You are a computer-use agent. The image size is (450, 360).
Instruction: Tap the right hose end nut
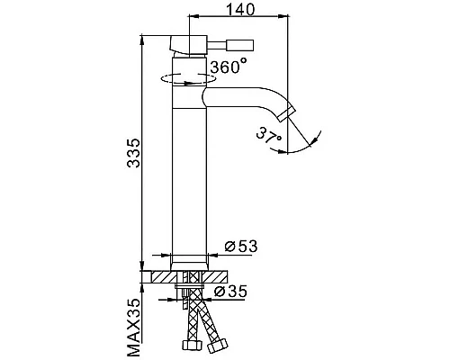click(x=216, y=346)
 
